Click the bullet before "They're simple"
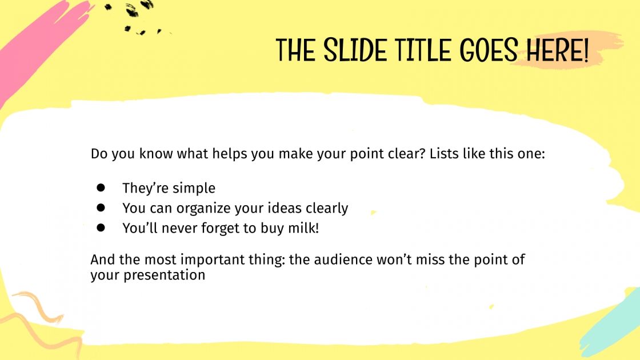click(x=101, y=187)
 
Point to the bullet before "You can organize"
click(x=101, y=207)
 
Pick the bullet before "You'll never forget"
click(x=101, y=227)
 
